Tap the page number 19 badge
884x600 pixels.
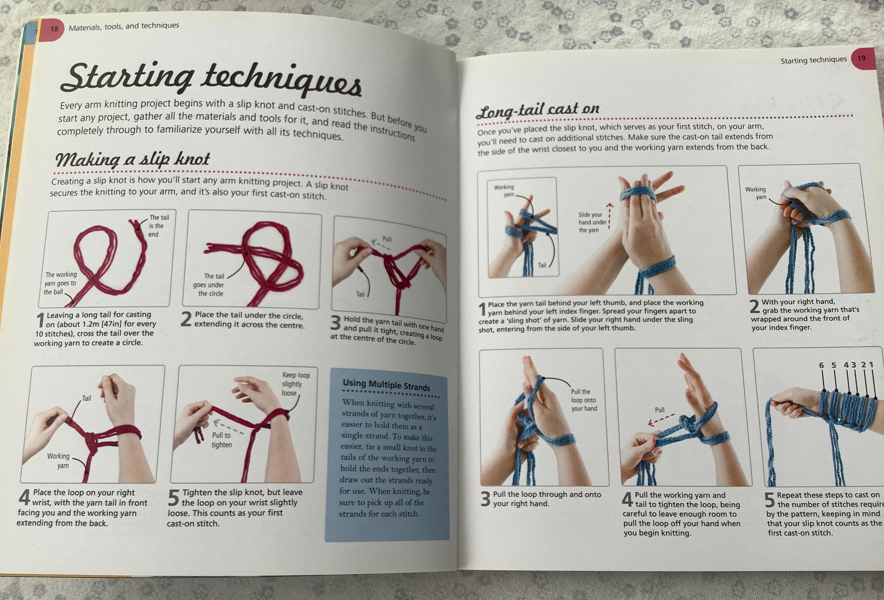coord(863,58)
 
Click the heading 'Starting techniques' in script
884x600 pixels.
coord(211,80)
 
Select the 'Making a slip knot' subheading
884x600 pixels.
coord(133,159)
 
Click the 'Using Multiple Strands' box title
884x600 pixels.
coord(386,384)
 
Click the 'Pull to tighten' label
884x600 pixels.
coord(222,440)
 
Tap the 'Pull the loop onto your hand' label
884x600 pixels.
coord(584,400)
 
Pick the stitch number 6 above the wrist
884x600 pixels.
coord(821,366)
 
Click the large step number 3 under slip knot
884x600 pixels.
coord(335,323)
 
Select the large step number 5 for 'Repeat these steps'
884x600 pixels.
coord(770,500)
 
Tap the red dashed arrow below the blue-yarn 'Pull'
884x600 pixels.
coord(661,420)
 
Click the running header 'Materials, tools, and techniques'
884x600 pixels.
coord(124,27)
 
